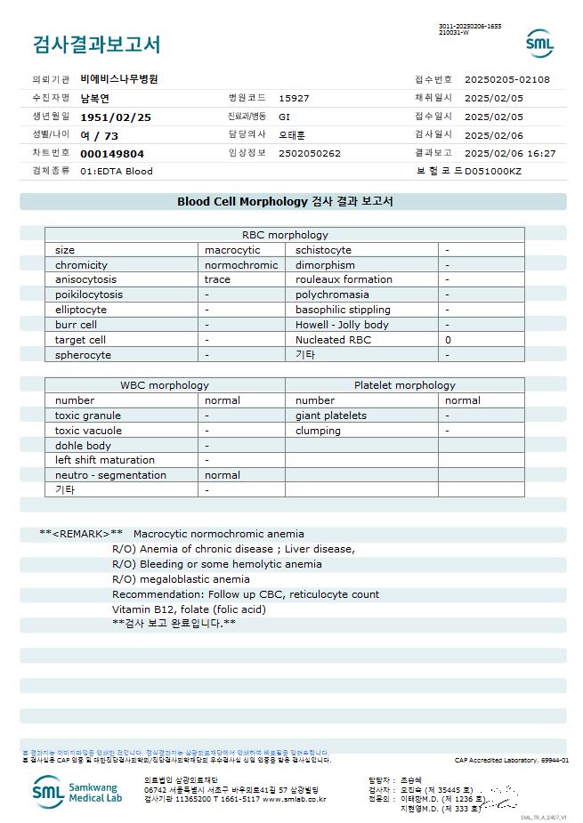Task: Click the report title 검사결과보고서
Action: point(96,44)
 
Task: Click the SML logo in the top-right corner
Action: point(539,43)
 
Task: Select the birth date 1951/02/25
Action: point(116,117)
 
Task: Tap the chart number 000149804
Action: point(112,154)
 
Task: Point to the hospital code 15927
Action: point(294,98)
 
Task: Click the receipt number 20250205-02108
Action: point(507,79)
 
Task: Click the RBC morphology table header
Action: point(285,235)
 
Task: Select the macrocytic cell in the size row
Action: point(232,250)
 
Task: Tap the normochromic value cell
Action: point(241,265)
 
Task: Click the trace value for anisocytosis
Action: point(217,279)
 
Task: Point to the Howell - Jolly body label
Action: point(342,325)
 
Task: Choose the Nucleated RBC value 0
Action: point(449,340)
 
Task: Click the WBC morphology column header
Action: point(165,385)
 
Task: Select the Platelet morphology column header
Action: point(404,385)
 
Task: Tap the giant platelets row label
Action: point(331,416)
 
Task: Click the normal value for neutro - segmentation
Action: point(222,475)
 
